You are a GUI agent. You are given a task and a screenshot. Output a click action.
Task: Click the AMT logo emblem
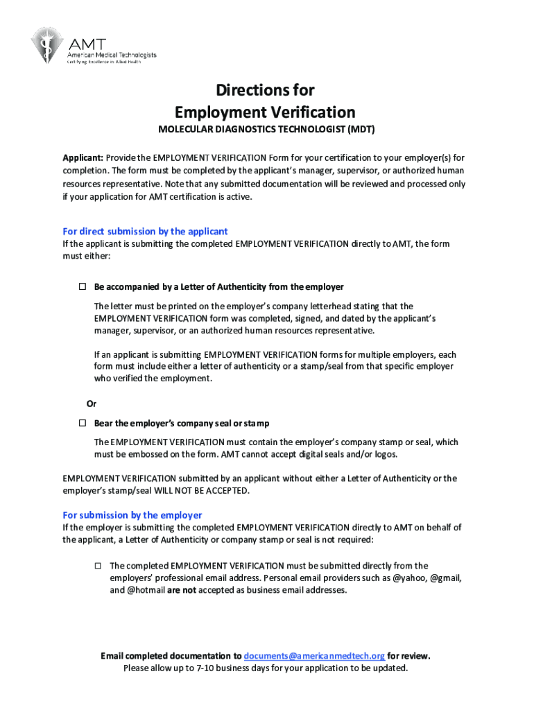[46, 45]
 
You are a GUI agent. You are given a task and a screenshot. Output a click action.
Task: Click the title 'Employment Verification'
[265, 112]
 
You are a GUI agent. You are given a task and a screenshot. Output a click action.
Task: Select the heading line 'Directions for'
[265, 90]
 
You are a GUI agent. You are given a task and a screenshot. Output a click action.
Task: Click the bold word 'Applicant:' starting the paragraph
[83, 157]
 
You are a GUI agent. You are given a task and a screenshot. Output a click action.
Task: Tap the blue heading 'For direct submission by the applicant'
[145, 232]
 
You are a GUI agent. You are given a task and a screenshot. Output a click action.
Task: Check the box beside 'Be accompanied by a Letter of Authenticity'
[81, 287]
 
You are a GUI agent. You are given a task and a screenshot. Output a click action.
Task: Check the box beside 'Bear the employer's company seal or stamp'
[81, 423]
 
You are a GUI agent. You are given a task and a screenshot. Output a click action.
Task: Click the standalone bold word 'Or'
[91, 404]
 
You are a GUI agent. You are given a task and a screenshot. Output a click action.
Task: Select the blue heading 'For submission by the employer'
[132, 515]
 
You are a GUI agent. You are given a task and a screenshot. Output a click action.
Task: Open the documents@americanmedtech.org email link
[314, 656]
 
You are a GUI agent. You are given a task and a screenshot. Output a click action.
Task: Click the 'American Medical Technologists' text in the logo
[111, 55]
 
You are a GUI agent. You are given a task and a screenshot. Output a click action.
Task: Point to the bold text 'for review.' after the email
[409, 656]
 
